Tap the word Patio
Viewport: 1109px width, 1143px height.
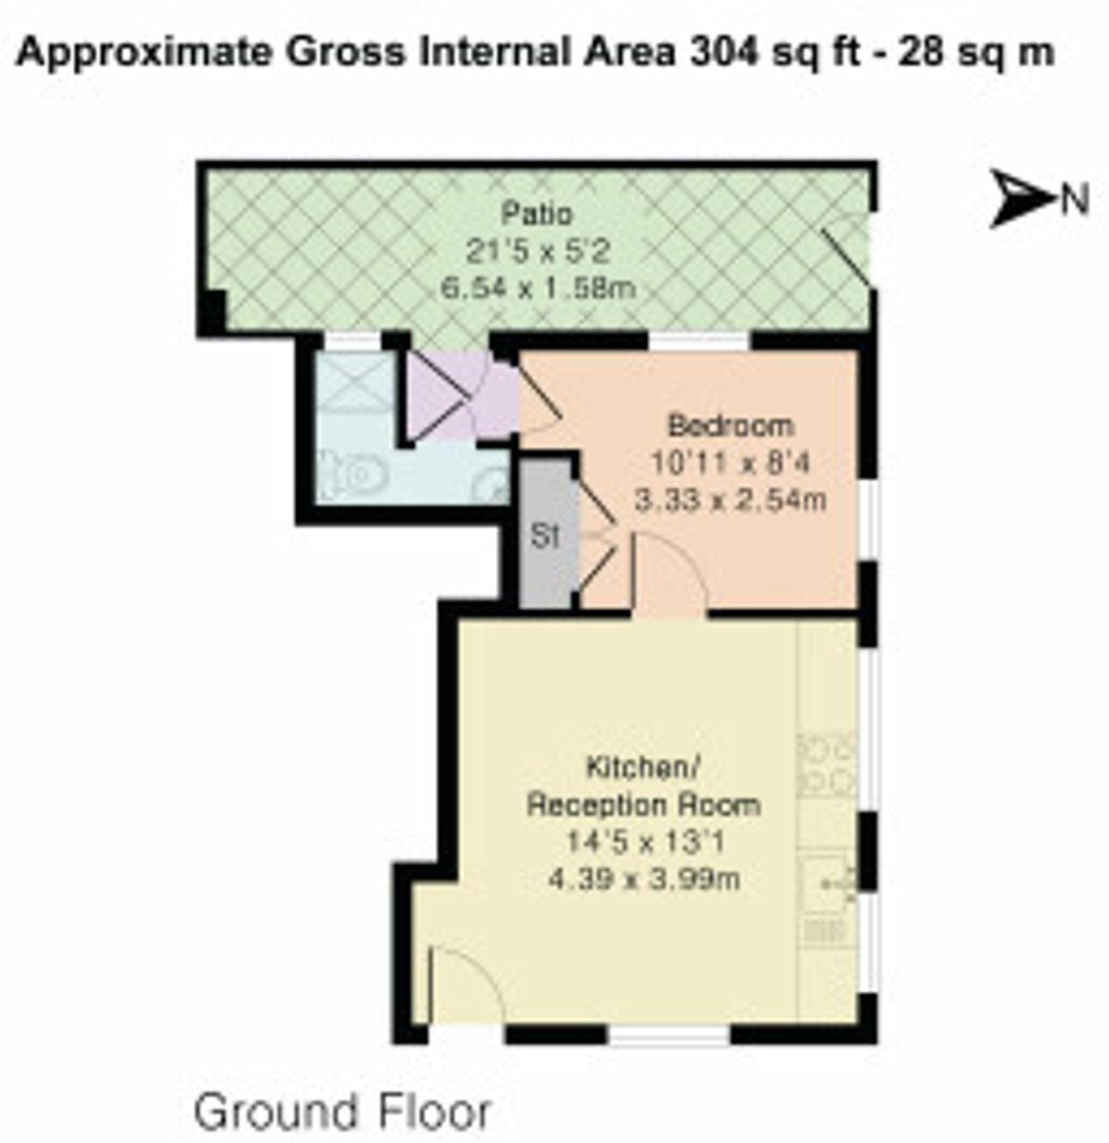(537, 213)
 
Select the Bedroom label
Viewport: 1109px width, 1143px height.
(731, 425)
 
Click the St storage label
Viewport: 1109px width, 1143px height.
(545, 536)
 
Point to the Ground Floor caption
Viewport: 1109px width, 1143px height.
(343, 1111)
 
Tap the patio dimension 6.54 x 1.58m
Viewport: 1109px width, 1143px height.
(538, 287)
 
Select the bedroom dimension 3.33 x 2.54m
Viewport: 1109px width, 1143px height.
(730, 499)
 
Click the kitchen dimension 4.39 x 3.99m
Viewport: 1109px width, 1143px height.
(644, 880)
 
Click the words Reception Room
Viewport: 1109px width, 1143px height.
(643, 805)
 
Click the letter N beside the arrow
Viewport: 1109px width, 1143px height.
(1074, 200)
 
